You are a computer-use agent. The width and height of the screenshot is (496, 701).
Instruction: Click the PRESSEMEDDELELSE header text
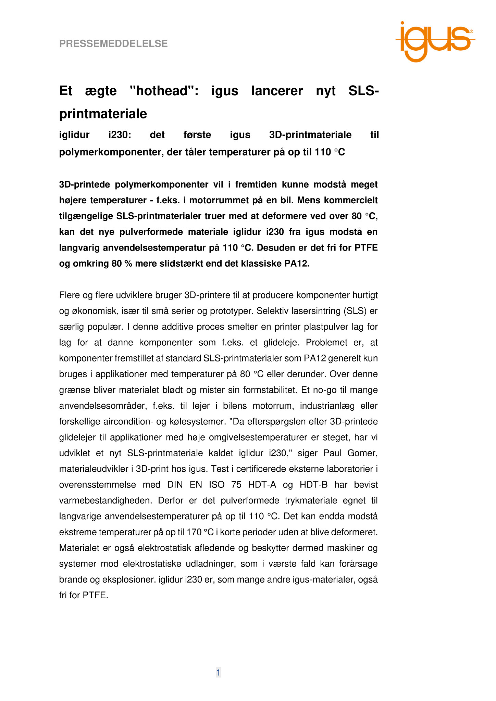pos(113,44)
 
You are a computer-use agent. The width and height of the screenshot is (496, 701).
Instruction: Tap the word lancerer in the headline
pos(277,91)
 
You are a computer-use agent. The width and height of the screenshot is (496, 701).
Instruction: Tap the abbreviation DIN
pos(175,485)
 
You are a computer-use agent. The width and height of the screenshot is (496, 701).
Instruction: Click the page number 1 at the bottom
pos(218,673)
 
